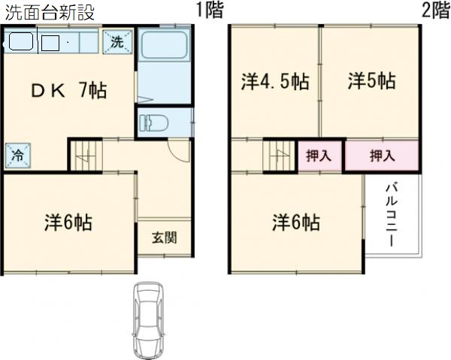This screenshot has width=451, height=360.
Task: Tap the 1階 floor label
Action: pyautogui.click(x=209, y=11)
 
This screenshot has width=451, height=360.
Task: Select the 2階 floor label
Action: pyautogui.click(x=434, y=11)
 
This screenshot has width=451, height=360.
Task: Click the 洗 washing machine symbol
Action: pyautogui.click(x=117, y=42)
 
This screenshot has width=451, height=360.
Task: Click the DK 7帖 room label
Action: pyautogui.click(x=68, y=91)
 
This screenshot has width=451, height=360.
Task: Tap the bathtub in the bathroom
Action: pyautogui.click(x=164, y=59)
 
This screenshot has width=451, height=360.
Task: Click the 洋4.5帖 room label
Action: pyautogui.click(x=275, y=81)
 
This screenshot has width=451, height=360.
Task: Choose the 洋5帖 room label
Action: pyautogui.click(x=371, y=81)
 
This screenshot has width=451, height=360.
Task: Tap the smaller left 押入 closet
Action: pyautogui.click(x=319, y=156)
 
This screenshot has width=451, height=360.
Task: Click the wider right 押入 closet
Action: pyautogui.click(x=382, y=156)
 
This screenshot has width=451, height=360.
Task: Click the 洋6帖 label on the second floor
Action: pyautogui.click(x=295, y=222)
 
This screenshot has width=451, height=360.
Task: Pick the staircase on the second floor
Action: pyautogui.click(x=279, y=156)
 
